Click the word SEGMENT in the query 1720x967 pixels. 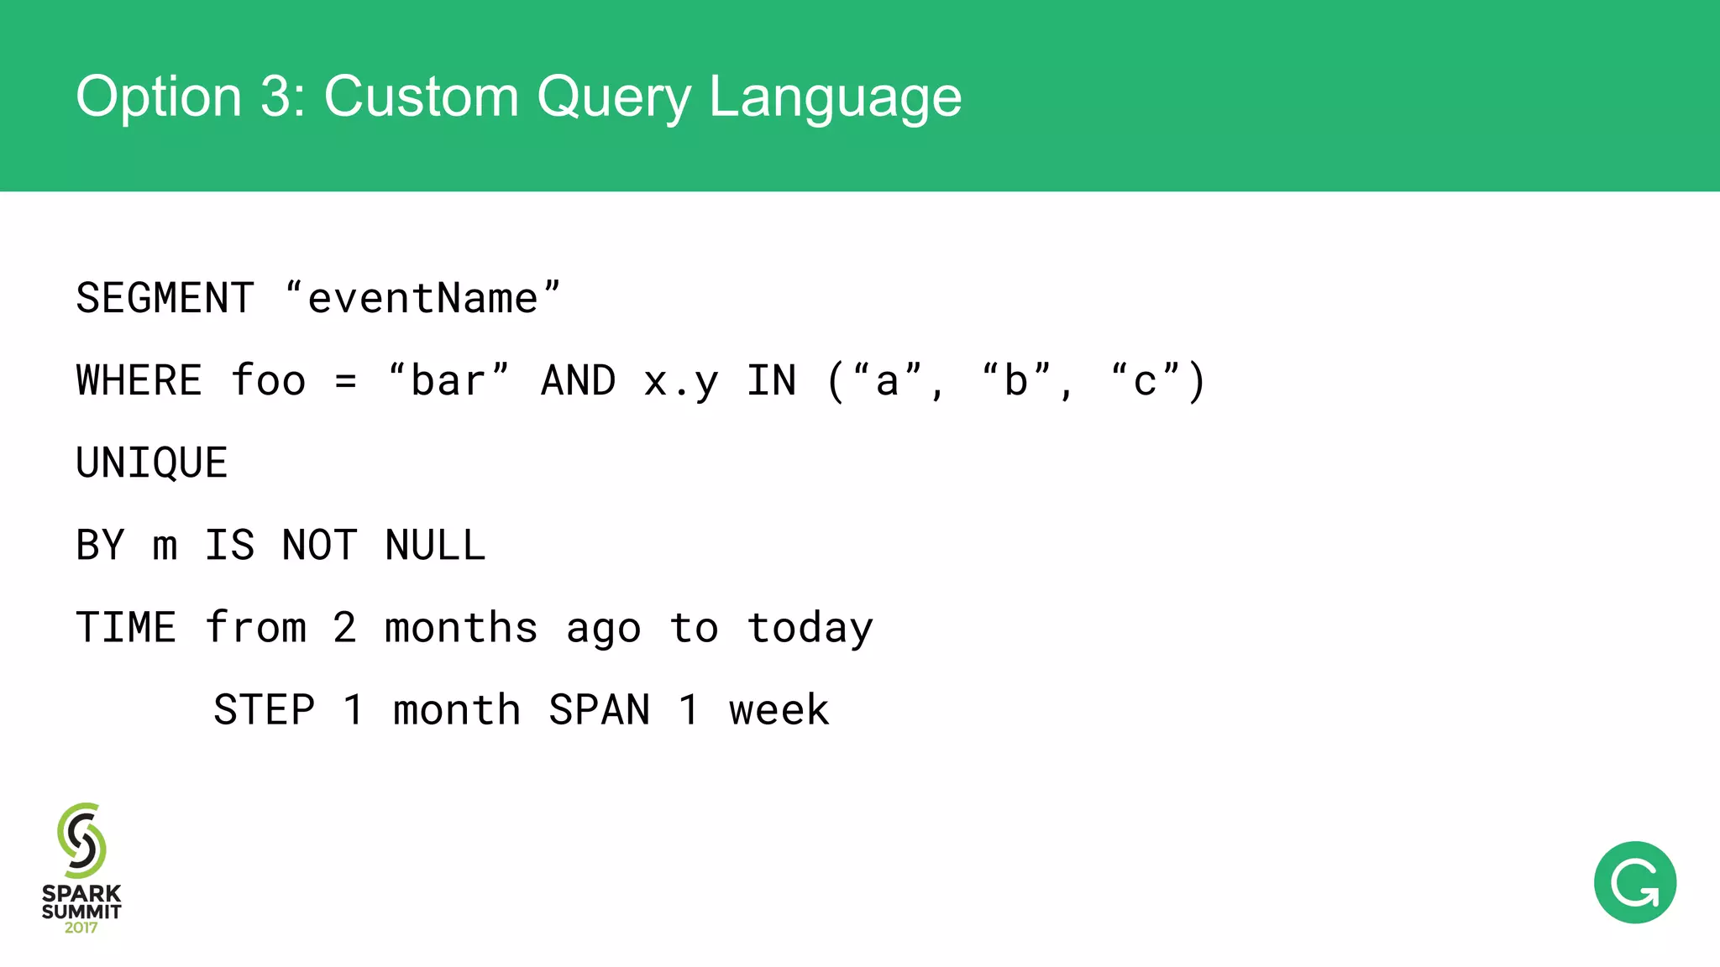165,299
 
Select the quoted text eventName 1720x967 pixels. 422,299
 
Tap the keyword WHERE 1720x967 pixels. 139,381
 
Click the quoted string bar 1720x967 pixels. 448,381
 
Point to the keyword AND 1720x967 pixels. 579,381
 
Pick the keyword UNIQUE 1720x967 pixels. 152,463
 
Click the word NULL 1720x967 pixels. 435,546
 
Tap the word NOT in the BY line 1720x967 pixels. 319,546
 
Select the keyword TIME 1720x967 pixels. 126,628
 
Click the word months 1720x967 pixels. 461,628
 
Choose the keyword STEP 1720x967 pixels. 264,710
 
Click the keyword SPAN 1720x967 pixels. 600,710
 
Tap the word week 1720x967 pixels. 779,710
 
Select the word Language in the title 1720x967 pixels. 835,97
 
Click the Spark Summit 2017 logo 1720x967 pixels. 81,869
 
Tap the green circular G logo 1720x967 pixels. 1634,882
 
